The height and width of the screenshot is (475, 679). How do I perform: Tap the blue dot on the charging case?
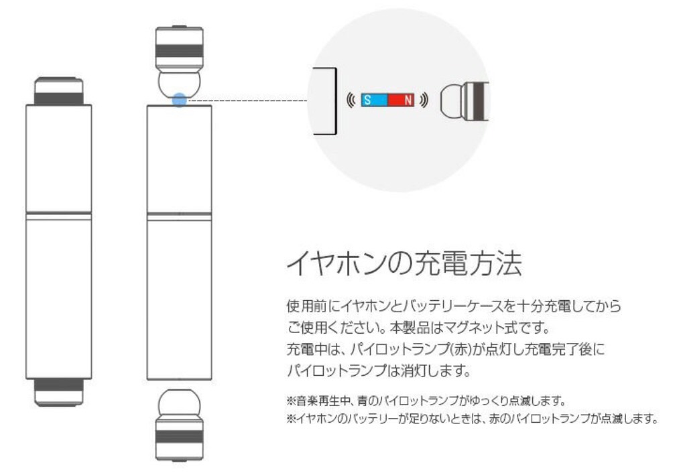coord(179,100)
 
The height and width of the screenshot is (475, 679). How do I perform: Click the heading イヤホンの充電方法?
coord(403,263)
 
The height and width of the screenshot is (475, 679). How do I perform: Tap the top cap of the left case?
coord(59,91)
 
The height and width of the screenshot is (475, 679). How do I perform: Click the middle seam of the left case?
coord(59,214)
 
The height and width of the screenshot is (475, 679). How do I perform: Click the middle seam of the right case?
coord(179,214)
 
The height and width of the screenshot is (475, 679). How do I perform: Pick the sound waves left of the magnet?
coord(351,100)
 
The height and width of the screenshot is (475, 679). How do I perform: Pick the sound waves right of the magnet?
coord(425,100)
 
